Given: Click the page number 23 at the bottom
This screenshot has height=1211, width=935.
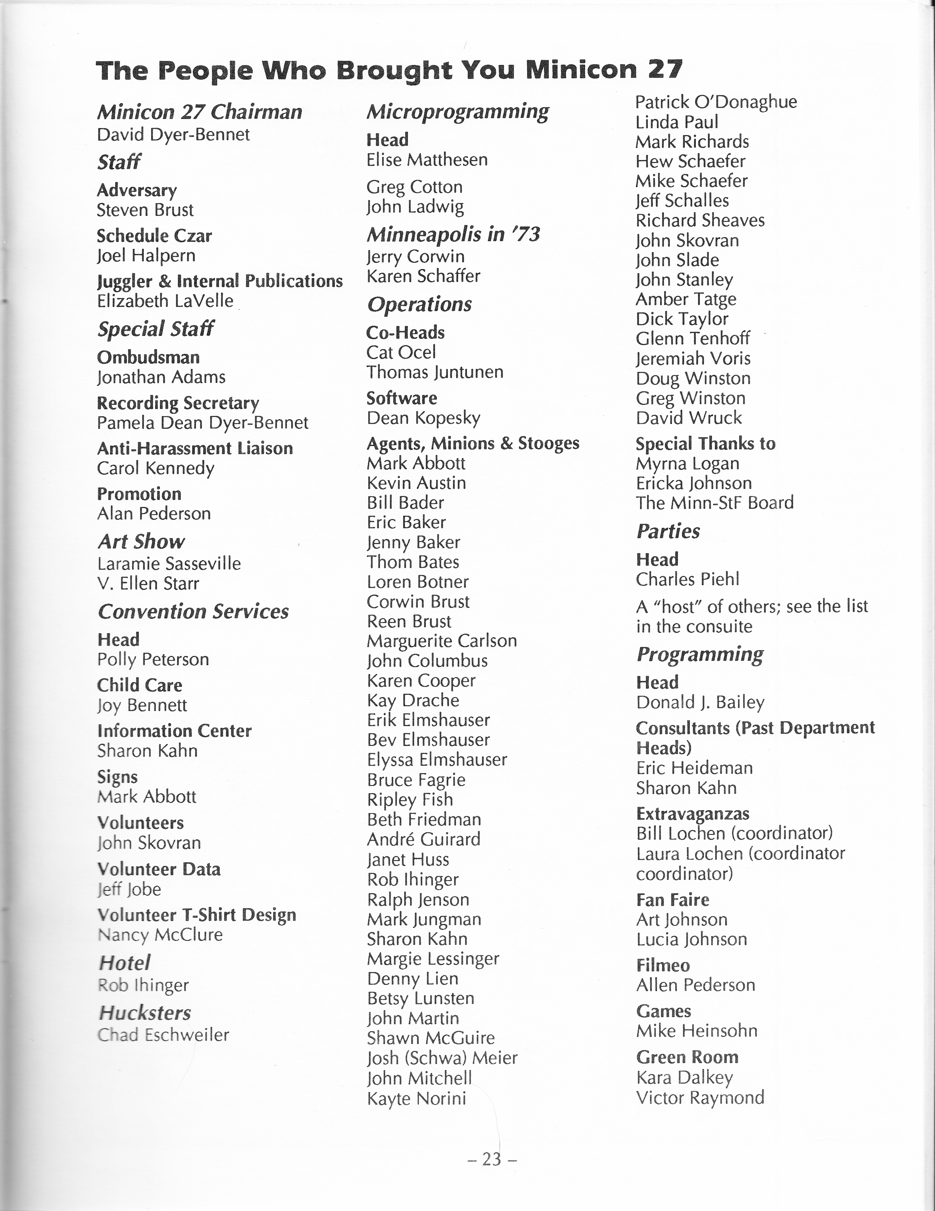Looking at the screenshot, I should pyautogui.click(x=491, y=1159).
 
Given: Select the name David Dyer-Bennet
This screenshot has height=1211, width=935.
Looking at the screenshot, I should pyautogui.click(x=173, y=135).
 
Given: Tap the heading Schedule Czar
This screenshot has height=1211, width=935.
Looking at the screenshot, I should pyautogui.click(x=154, y=236).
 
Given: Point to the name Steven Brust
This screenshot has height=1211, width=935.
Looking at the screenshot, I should pyautogui.click(x=145, y=210).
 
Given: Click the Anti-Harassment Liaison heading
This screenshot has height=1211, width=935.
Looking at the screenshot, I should pyautogui.click(x=194, y=448).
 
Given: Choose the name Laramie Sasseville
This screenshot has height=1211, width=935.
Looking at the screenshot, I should pyautogui.click(x=169, y=564).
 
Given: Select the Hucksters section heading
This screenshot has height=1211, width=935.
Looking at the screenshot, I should pyautogui.click(x=145, y=1013).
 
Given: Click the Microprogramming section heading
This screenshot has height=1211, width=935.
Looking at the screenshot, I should pyautogui.click(x=457, y=112).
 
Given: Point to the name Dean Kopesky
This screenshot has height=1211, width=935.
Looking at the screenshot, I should pyautogui.click(x=423, y=418).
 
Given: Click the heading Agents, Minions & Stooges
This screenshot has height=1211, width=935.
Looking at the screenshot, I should pyautogui.click(x=473, y=443).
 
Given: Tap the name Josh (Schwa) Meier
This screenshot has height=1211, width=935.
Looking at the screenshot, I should pyautogui.click(x=442, y=1058).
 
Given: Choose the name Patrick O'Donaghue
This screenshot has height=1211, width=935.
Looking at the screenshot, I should pyautogui.click(x=716, y=102).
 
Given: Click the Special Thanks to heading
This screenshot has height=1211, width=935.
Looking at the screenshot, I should pyautogui.click(x=705, y=443).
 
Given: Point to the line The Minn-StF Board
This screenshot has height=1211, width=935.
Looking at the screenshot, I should pyautogui.click(x=715, y=503).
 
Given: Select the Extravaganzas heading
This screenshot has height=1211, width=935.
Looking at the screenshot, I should pyautogui.click(x=692, y=813).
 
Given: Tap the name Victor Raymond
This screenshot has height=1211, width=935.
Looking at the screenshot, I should pyautogui.click(x=700, y=1097).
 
